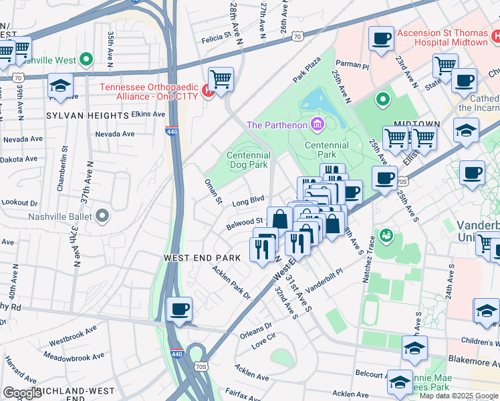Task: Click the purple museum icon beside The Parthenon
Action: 317,124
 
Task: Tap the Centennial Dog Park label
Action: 248,160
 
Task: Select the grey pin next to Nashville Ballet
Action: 102,216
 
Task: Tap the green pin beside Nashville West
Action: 86,60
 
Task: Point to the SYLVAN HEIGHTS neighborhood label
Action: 88,116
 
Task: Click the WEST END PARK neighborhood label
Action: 203,257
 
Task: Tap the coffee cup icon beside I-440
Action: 180,309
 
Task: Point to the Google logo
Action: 21,393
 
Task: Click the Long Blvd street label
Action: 249,200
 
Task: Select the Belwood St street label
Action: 245,221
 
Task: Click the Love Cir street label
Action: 263,341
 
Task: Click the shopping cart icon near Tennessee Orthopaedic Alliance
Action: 221,80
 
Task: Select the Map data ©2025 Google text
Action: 458,396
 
